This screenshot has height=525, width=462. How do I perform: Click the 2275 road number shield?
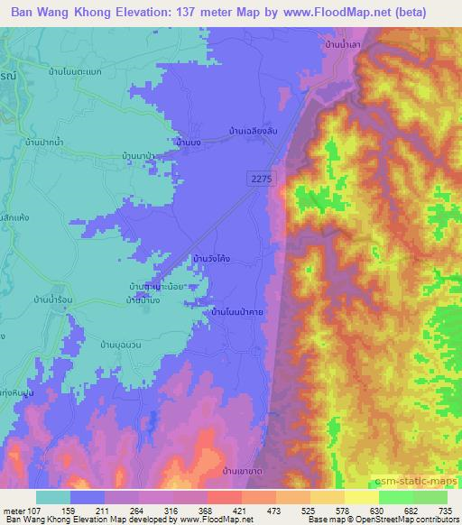(x=260, y=180)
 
